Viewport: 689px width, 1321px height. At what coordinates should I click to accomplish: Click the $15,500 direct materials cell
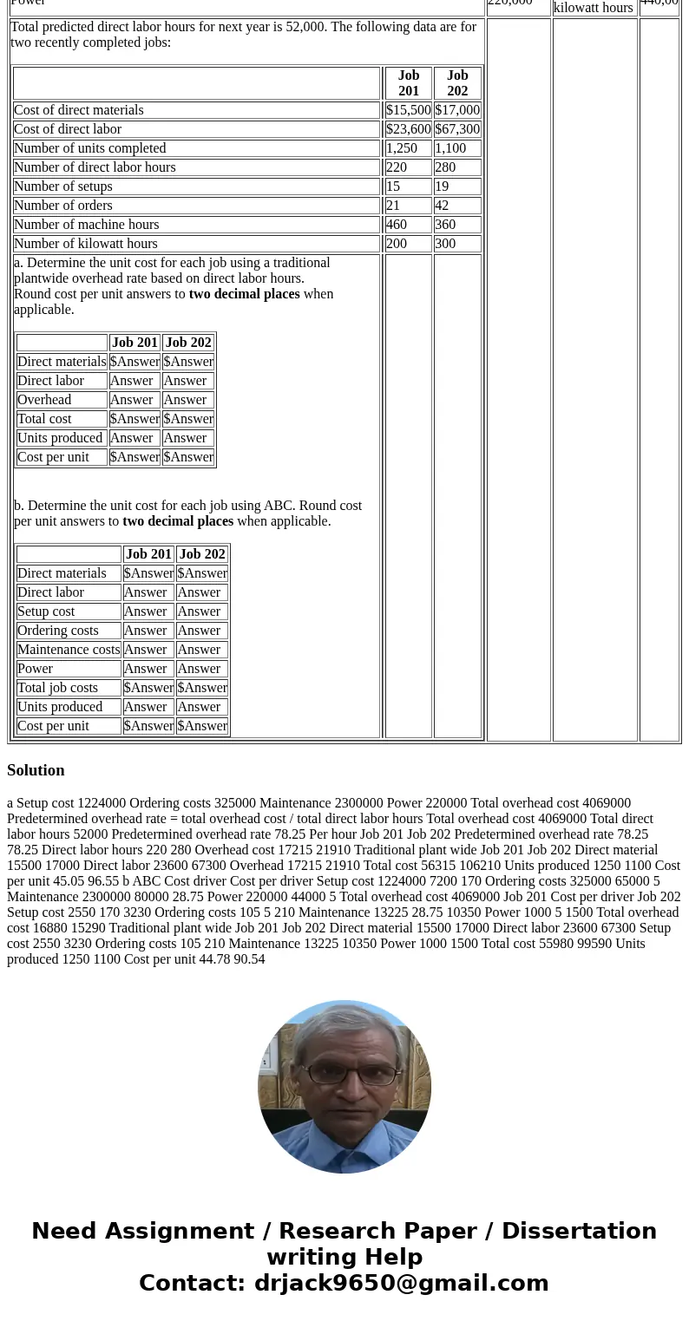[x=408, y=110]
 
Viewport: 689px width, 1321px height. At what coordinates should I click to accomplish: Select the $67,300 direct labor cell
[x=457, y=129]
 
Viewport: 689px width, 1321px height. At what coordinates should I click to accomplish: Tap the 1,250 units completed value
[x=401, y=148]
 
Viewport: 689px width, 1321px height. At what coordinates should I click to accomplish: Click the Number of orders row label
[x=63, y=206]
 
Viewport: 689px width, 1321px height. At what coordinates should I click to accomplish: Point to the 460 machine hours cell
[x=397, y=225]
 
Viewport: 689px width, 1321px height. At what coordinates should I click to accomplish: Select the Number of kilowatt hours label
[x=86, y=244]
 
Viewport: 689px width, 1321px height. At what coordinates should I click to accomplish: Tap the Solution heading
[x=36, y=770]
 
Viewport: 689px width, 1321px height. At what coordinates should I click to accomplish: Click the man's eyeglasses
[x=344, y=1075]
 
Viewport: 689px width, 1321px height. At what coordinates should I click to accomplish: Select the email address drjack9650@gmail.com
[x=401, y=1283]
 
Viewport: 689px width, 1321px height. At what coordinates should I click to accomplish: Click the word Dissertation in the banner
[x=579, y=1231]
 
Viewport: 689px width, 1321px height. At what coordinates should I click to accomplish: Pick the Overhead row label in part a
[x=44, y=400]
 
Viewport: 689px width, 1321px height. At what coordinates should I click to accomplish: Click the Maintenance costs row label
[x=69, y=650]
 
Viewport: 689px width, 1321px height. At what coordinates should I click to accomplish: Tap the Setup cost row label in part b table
[x=46, y=611]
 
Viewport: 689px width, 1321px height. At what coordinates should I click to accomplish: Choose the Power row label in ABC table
[x=35, y=669]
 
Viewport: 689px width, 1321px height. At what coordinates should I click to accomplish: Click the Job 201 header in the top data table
[x=408, y=83]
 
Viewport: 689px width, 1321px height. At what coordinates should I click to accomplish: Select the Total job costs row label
[x=57, y=688]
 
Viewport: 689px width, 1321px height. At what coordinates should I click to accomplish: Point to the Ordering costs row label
[x=58, y=631]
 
